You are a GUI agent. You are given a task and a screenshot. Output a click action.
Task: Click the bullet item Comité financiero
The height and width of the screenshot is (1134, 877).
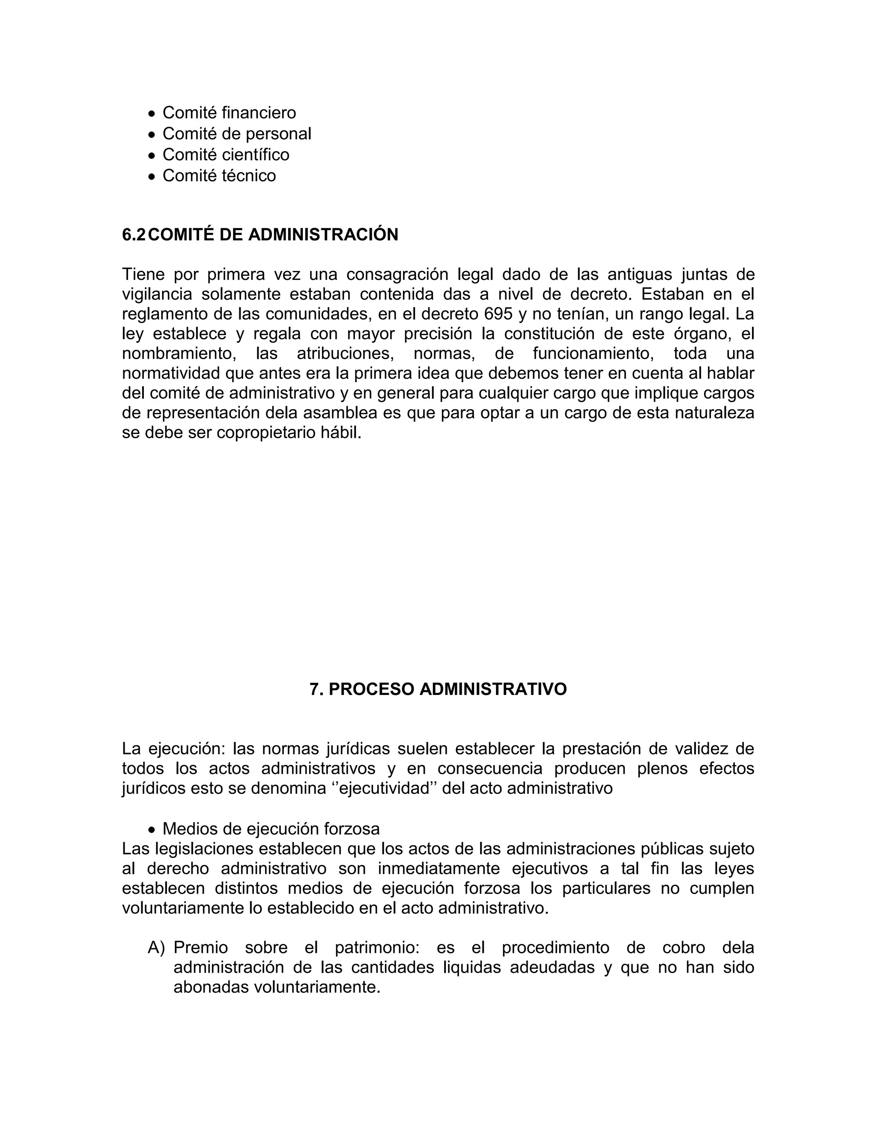[229, 113]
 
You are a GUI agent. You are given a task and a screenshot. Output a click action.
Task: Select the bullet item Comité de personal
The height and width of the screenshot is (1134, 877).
[237, 134]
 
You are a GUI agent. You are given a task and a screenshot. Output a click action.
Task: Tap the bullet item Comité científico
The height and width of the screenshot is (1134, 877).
[226, 155]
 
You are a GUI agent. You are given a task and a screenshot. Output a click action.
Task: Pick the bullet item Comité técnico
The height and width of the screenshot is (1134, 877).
[219, 175]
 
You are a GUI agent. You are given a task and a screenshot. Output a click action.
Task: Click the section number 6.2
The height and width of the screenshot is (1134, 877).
[134, 235]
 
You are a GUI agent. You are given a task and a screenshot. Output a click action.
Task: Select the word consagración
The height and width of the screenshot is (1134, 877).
[397, 274]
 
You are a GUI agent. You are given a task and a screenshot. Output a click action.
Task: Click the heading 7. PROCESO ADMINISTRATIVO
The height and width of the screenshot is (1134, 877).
[438, 689]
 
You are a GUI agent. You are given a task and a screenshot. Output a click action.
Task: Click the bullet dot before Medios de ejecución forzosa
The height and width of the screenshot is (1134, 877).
[151, 829]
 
